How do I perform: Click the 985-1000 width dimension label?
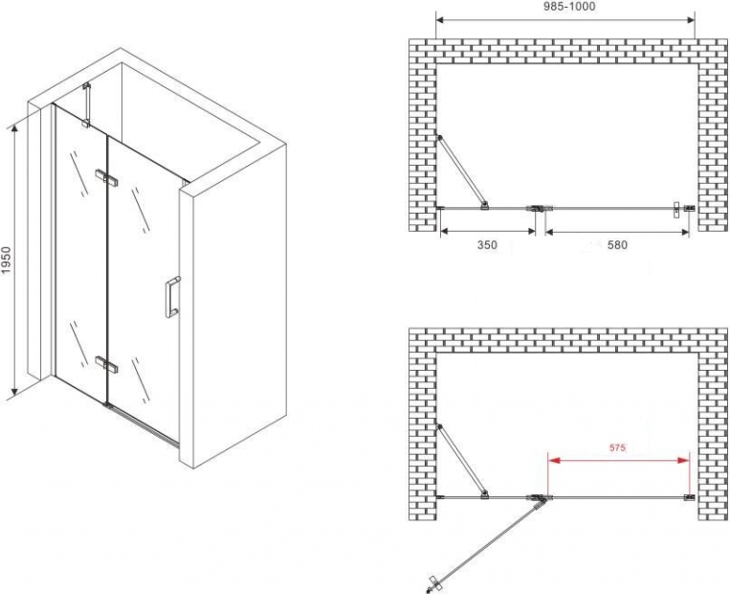pos(564,6)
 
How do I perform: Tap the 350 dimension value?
pos(487,244)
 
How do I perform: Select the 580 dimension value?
pos(617,244)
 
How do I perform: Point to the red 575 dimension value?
pos(616,448)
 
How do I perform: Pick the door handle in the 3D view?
pos(173,297)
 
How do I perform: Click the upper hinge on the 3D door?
pos(107,177)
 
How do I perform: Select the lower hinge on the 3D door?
pos(106,364)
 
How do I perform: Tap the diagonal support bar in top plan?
pos(462,171)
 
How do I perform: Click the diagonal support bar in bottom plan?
pos(462,461)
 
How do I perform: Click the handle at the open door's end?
pos(433,583)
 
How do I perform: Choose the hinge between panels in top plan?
pos(539,208)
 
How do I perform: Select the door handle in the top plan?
pos(677,210)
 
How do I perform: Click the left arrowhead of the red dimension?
pos(554,460)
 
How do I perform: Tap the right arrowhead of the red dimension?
pos(684,460)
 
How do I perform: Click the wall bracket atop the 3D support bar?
pos(86,86)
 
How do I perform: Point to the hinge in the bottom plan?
pos(539,498)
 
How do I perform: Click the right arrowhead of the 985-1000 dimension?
pos(690,20)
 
